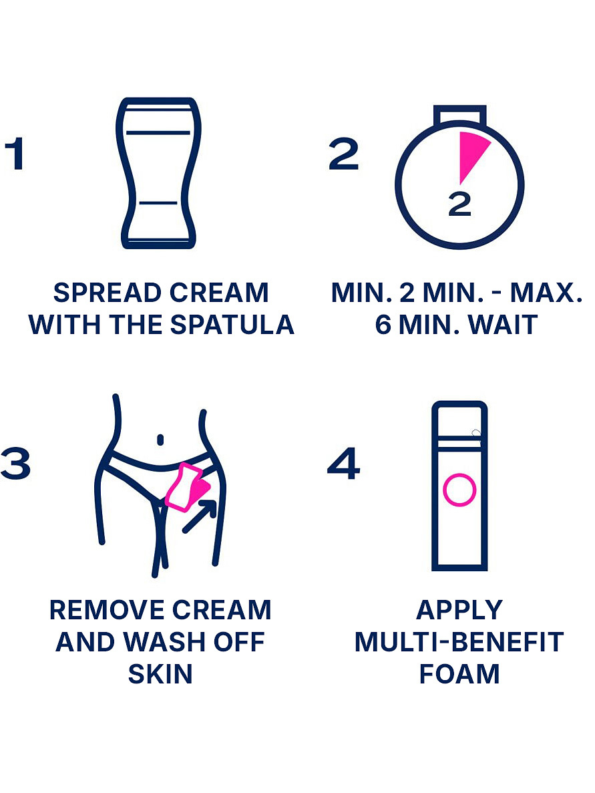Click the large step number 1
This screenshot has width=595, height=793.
tap(15, 153)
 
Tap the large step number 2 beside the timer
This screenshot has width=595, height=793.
tap(343, 153)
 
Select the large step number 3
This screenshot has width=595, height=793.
tap(15, 463)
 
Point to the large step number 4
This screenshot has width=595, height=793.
tap(344, 463)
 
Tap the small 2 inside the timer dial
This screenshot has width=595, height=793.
tap(459, 204)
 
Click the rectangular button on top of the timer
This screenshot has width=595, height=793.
tap(459, 115)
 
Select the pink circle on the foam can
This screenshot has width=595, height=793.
tap(459, 490)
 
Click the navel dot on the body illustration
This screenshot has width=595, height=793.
tap(160, 440)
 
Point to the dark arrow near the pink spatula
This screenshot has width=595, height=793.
tap(199, 516)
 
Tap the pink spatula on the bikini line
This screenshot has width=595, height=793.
tap(186, 486)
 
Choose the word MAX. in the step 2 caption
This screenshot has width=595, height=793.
tap(546, 293)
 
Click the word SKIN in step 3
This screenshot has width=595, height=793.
tap(160, 673)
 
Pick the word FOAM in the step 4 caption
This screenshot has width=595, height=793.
tap(459, 673)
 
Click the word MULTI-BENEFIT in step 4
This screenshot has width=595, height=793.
tap(459, 642)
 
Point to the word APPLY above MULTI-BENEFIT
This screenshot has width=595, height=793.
tap(459, 610)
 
